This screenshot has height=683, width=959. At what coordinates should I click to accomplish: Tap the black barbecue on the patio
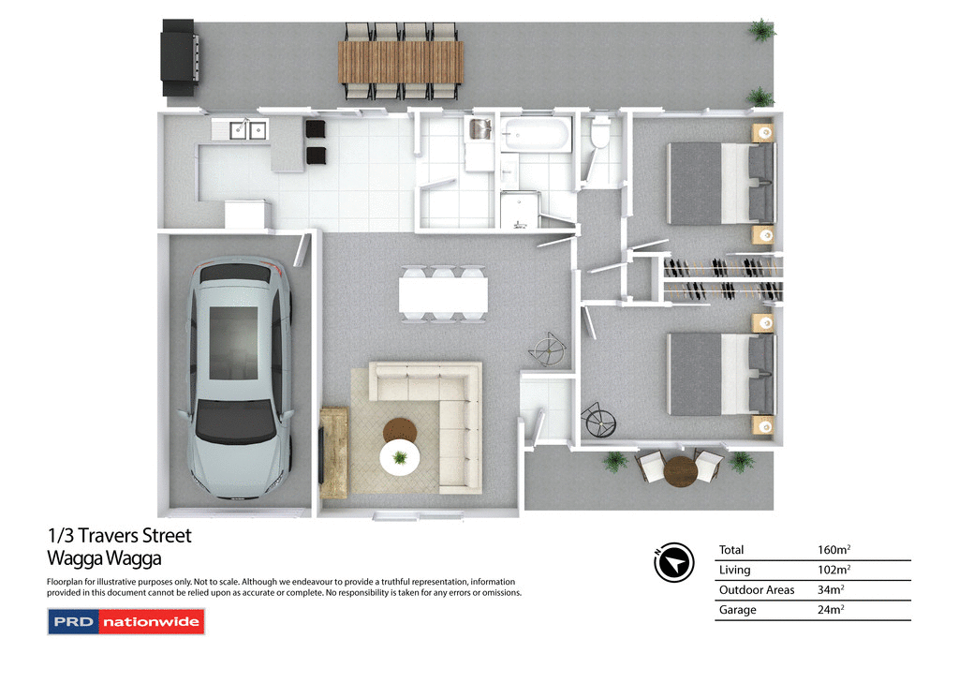coord(180,58)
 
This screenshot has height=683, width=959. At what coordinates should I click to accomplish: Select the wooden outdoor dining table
coord(401,62)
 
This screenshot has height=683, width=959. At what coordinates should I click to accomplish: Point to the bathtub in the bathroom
coord(535,135)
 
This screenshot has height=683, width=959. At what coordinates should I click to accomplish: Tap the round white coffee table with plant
coord(400,457)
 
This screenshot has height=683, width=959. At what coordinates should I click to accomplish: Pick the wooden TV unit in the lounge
coord(332,453)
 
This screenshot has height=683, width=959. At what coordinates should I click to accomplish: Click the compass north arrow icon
coord(674,562)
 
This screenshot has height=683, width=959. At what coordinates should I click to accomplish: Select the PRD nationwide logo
coord(125,622)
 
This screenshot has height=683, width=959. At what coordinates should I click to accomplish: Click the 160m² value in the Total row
coord(834,550)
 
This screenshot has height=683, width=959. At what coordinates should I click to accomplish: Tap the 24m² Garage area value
coord(831,610)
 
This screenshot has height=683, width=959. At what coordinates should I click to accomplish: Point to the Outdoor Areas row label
coord(756,590)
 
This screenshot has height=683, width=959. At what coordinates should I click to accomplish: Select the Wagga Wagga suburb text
coord(104,559)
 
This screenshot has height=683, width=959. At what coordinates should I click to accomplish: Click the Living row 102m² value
coord(834,570)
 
